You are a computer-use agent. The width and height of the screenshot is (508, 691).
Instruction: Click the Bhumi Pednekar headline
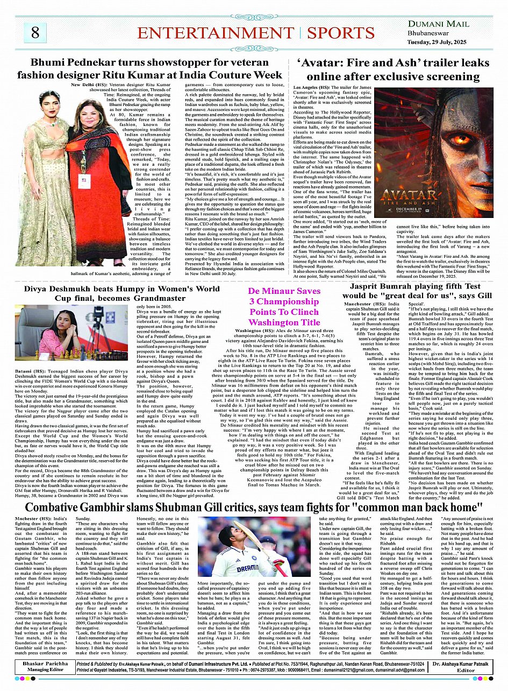149,68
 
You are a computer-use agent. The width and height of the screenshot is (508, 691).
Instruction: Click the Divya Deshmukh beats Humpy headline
105,293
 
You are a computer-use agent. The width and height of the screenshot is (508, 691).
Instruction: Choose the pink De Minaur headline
276,306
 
